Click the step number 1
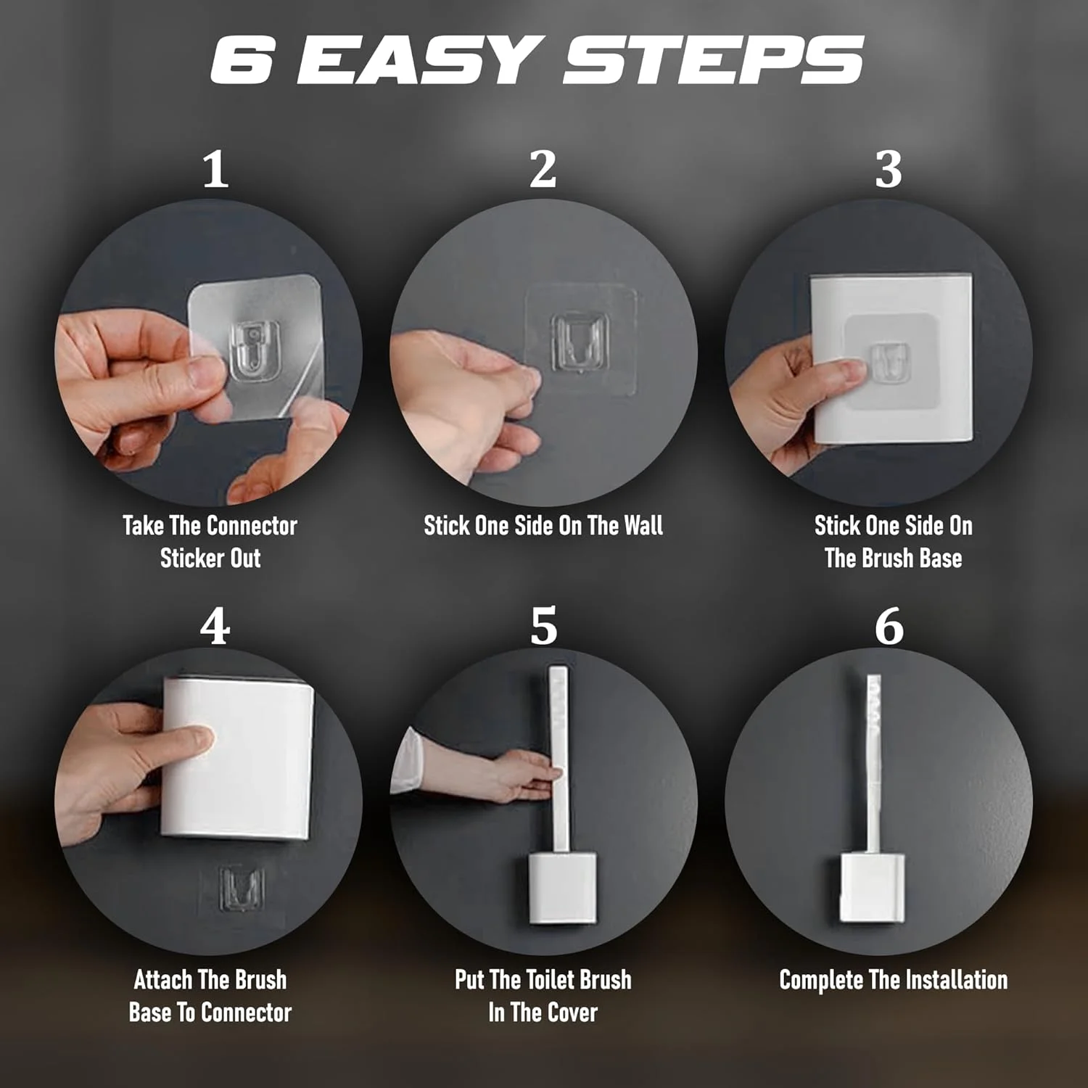[215, 170]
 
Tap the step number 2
[543, 170]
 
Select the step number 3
[889, 170]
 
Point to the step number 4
[215, 625]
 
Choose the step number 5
[544, 625]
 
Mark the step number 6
[889, 625]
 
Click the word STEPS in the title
[714, 59]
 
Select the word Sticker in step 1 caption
[191, 558]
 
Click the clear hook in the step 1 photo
[255, 352]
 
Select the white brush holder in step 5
[562, 888]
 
